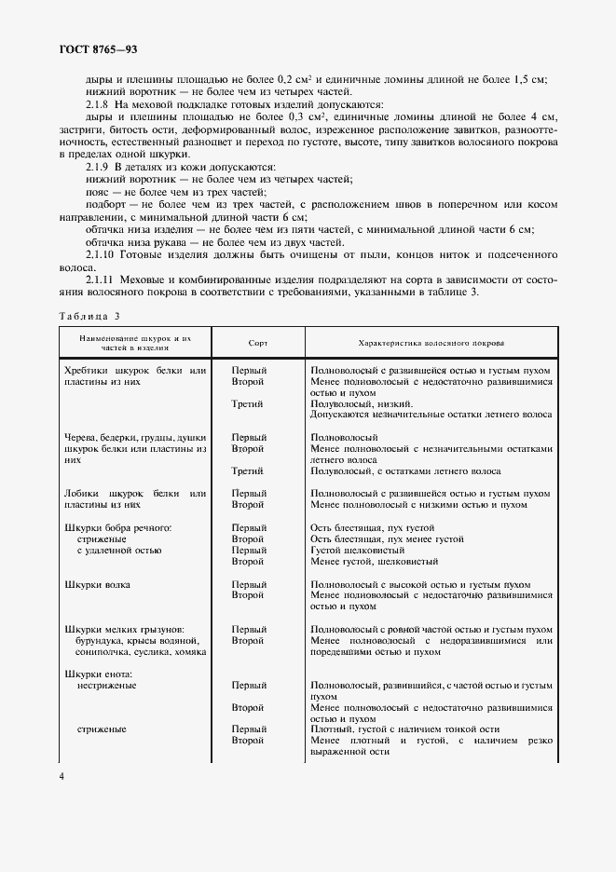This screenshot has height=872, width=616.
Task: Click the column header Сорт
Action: point(258,343)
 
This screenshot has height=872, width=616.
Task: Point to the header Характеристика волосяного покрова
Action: point(431,343)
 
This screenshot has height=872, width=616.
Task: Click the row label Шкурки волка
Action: point(98,584)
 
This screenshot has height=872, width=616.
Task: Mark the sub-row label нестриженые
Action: point(107,686)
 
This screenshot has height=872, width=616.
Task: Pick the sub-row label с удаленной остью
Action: point(119,550)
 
